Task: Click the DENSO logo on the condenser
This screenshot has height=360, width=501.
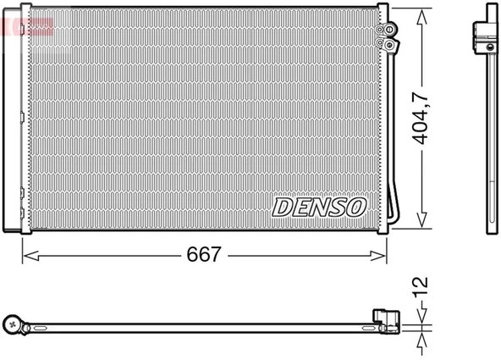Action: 319,206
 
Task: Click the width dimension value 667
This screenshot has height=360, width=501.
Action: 203,253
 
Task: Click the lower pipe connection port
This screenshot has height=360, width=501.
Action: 388,43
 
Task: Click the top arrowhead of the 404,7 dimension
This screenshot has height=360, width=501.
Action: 421,13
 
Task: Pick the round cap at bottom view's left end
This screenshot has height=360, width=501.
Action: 14,322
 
